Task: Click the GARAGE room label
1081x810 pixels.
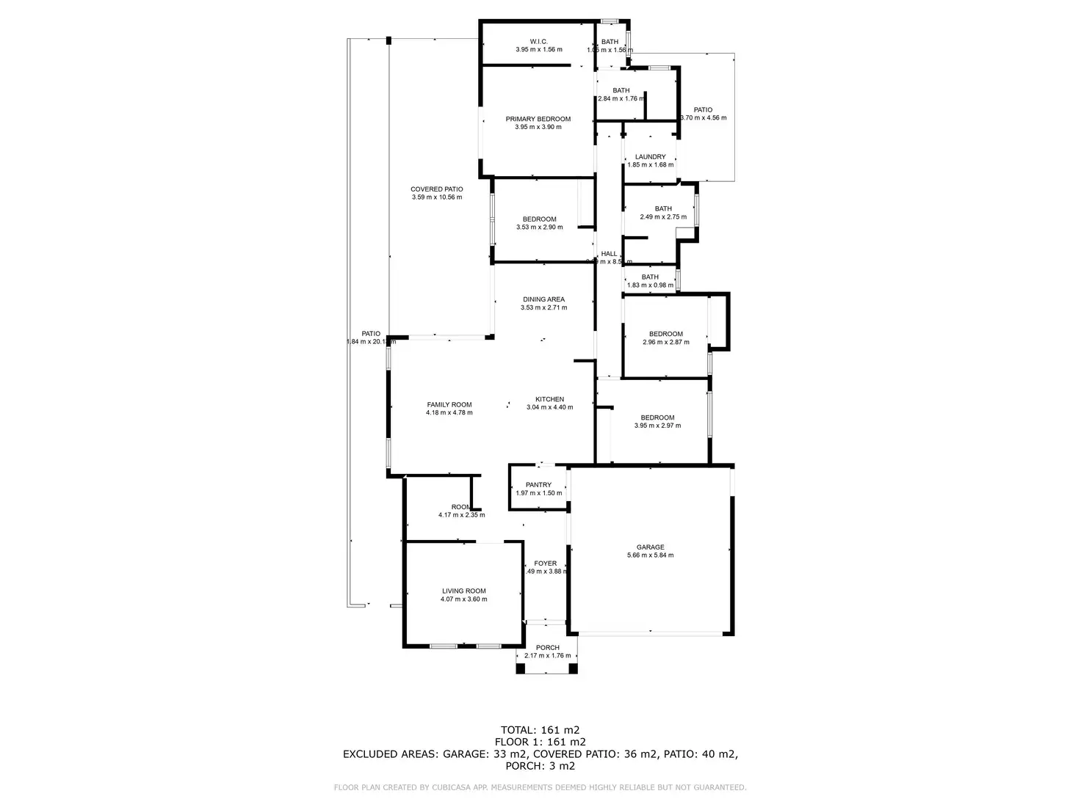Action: [650, 547]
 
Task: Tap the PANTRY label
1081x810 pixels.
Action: [538, 485]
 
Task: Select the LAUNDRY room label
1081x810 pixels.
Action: [650, 157]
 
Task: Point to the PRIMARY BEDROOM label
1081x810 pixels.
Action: [538, 119]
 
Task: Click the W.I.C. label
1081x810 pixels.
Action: [538, 42]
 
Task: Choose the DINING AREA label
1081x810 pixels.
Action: [543, 299]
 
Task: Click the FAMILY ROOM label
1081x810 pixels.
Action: [449, 404]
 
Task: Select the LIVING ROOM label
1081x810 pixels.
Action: [463, 591]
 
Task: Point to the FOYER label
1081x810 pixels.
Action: [545, 563]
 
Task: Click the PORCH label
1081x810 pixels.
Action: [547, 648]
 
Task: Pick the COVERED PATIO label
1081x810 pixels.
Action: [436, 189]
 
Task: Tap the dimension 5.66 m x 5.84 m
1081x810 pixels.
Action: [650, 555]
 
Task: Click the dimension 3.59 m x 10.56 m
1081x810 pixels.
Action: [436, 197]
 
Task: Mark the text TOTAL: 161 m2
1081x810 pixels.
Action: [540, 730]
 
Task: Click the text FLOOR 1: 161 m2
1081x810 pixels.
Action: [540, 742]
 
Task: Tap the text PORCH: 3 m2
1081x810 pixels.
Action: [540, 766]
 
